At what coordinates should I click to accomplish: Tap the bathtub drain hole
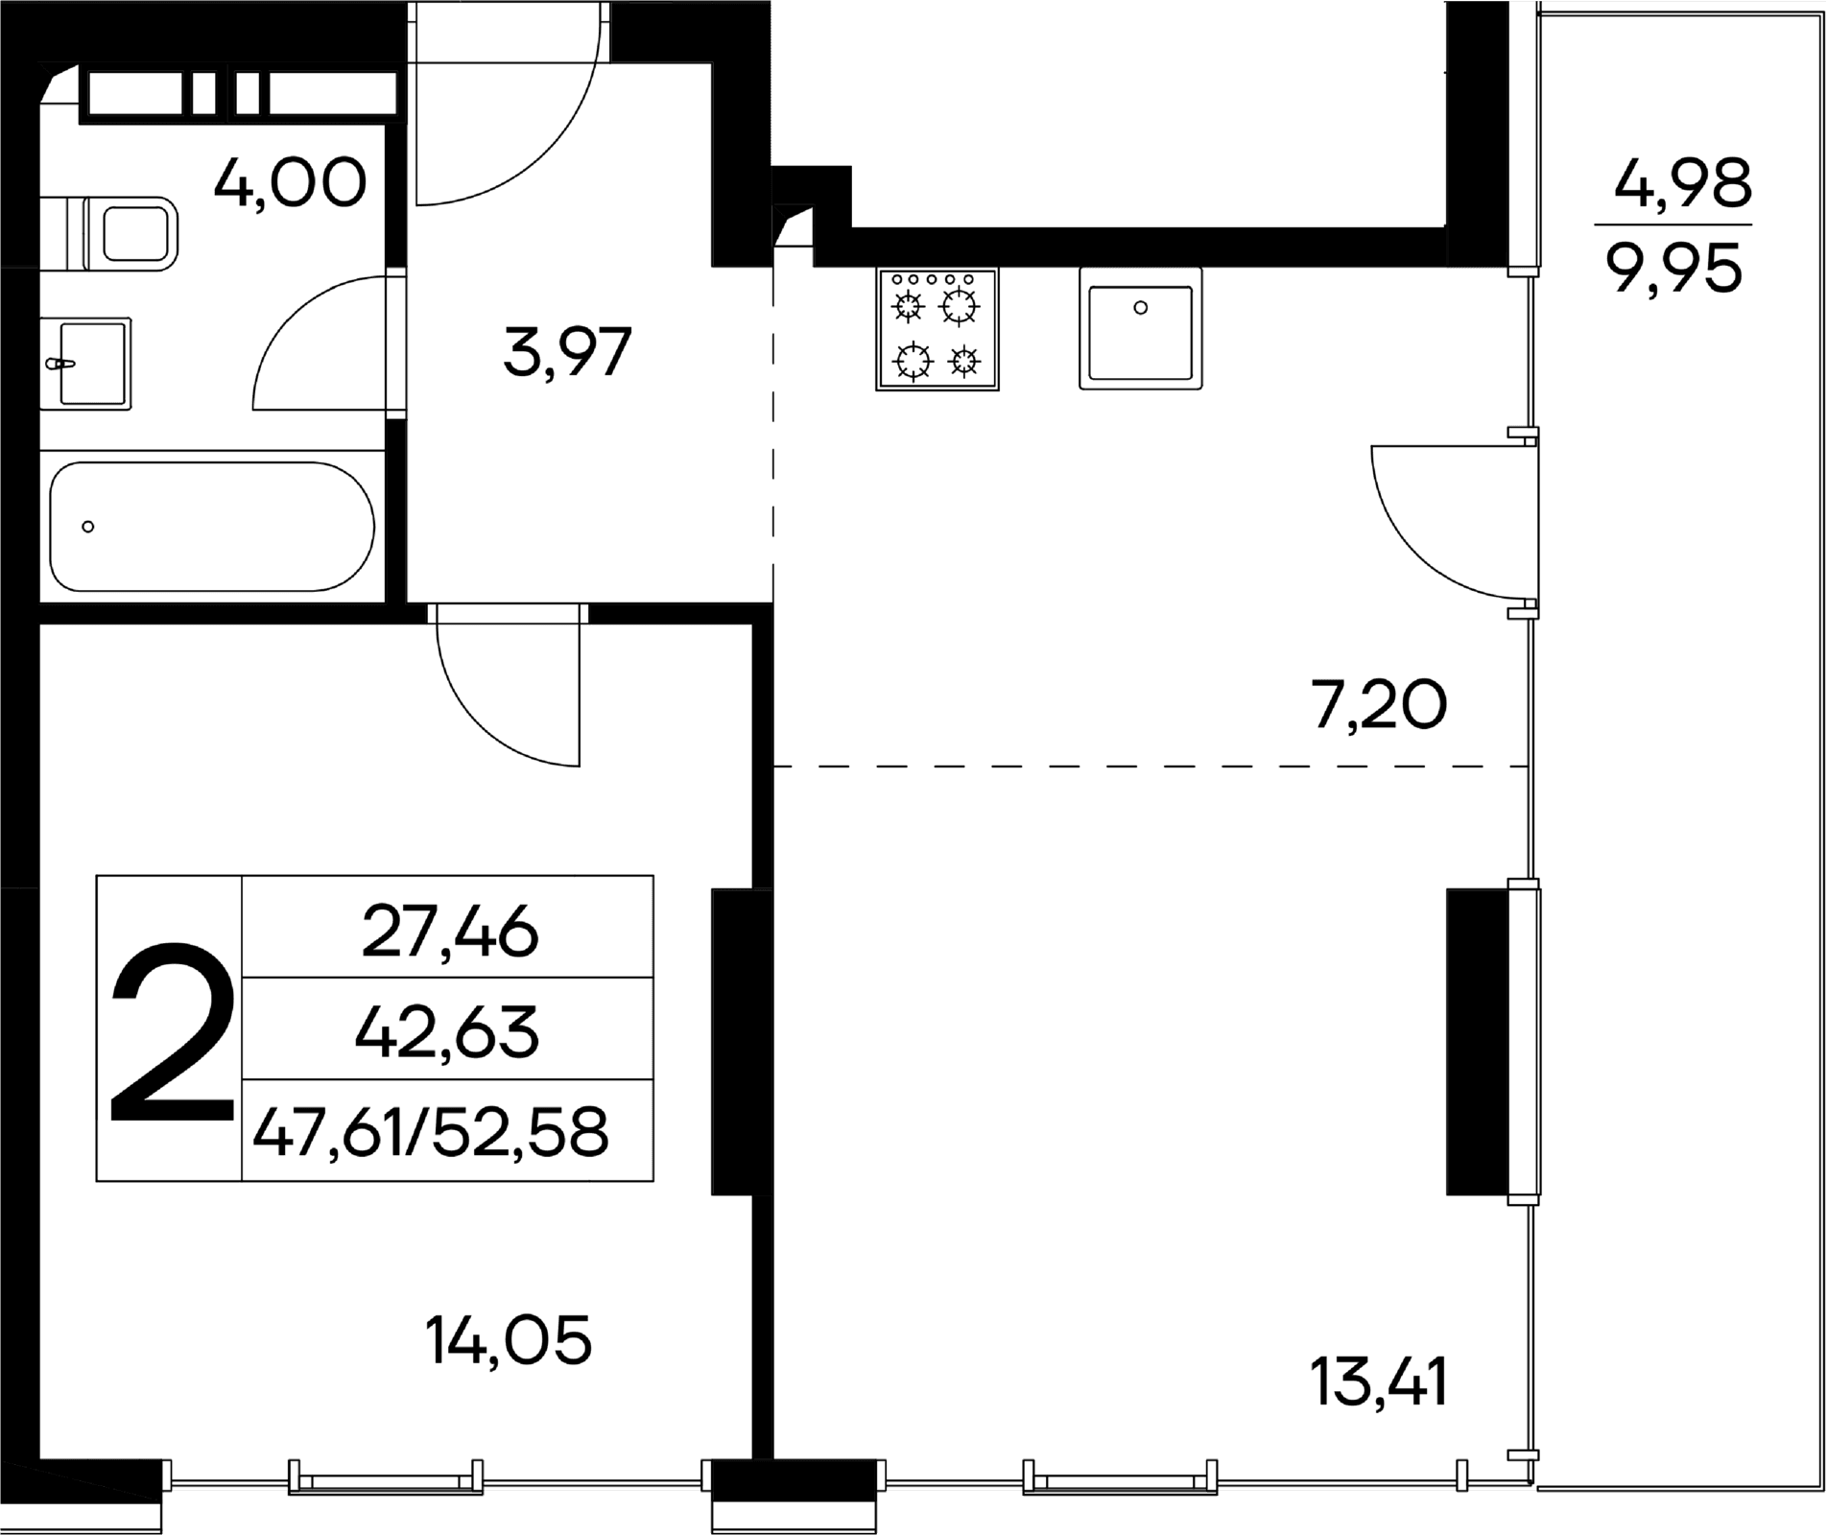coord(88,526)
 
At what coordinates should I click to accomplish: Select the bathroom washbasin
coord(86,364)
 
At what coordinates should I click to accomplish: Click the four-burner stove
coord(937,329)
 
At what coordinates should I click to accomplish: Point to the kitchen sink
coord(1141,328)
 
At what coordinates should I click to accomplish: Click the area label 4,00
coord(290,183)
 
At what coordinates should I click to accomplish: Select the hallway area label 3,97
coord(567,352)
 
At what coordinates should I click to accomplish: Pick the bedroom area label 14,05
coord(509,1340)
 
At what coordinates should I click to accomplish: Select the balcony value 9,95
coord(1674,270)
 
